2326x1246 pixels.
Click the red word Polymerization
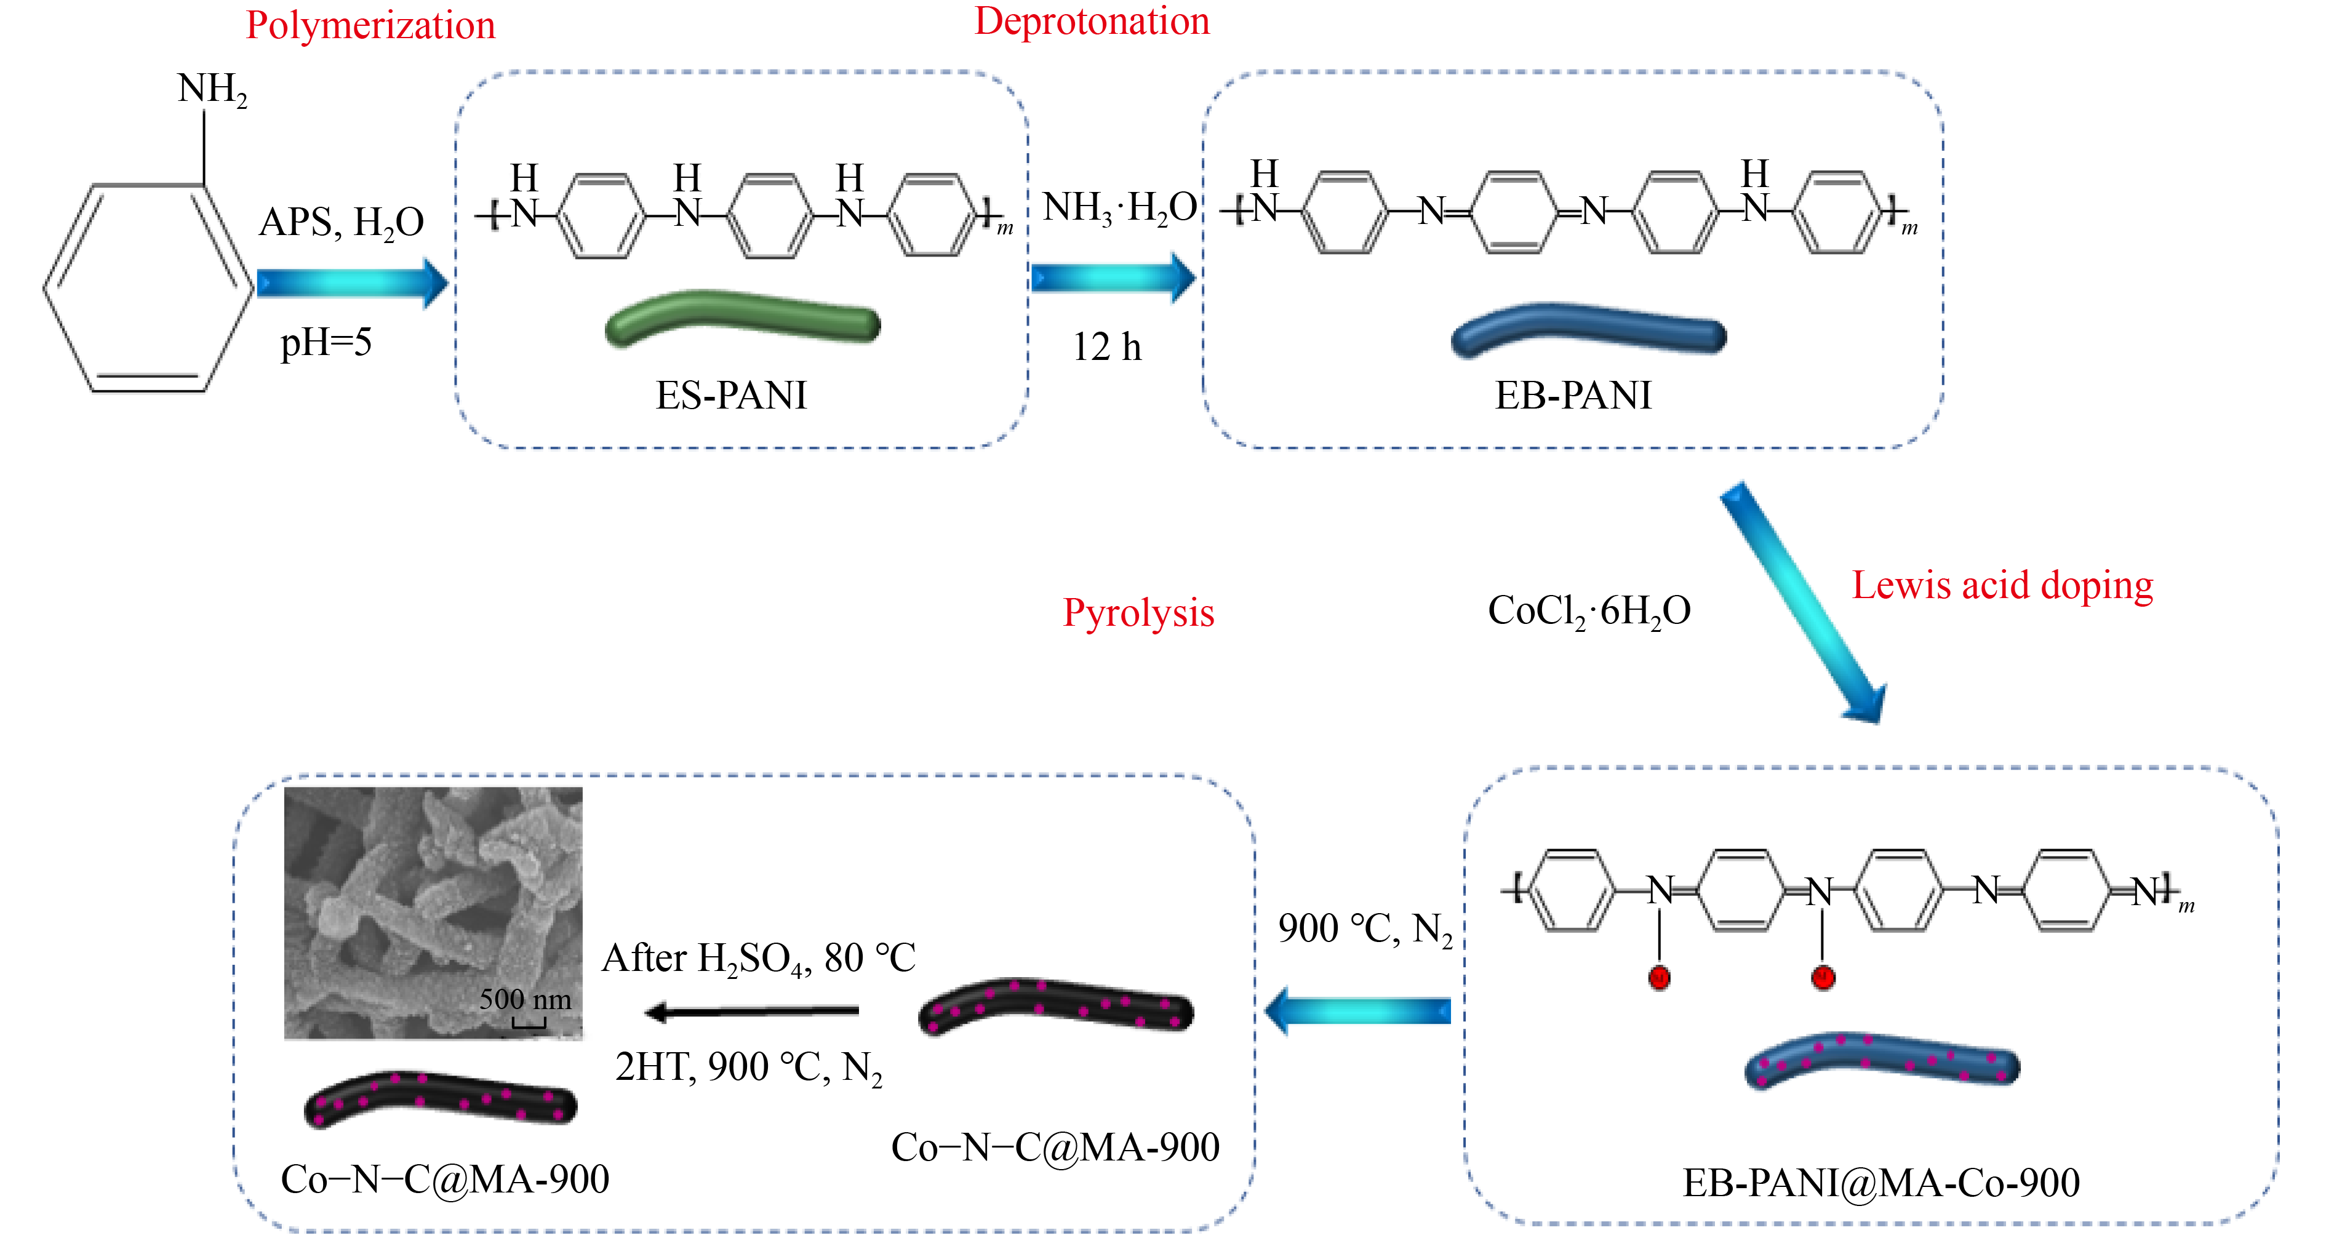click(x=370, y=25)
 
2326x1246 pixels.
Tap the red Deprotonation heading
click(x=1092, y=22)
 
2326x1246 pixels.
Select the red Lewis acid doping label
click(x=2002, y=585)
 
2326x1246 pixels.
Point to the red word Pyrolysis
click(x=1138, y=613)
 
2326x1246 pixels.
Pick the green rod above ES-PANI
click(x=742, y=318)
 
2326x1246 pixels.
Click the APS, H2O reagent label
click(x=342, y=222)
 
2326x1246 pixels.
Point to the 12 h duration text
click(x=1106, y=346)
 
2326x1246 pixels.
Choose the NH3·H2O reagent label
click(x=1119, y=208)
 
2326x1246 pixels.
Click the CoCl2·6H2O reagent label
click(x=1588, y=611)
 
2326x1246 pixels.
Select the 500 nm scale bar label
click(x=525, y=999)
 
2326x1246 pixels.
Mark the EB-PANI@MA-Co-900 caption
click(x=1881, y=1183)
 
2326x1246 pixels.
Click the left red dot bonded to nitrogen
click(x=1659, y=977)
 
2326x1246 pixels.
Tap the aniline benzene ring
click(x=149, y=287)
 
